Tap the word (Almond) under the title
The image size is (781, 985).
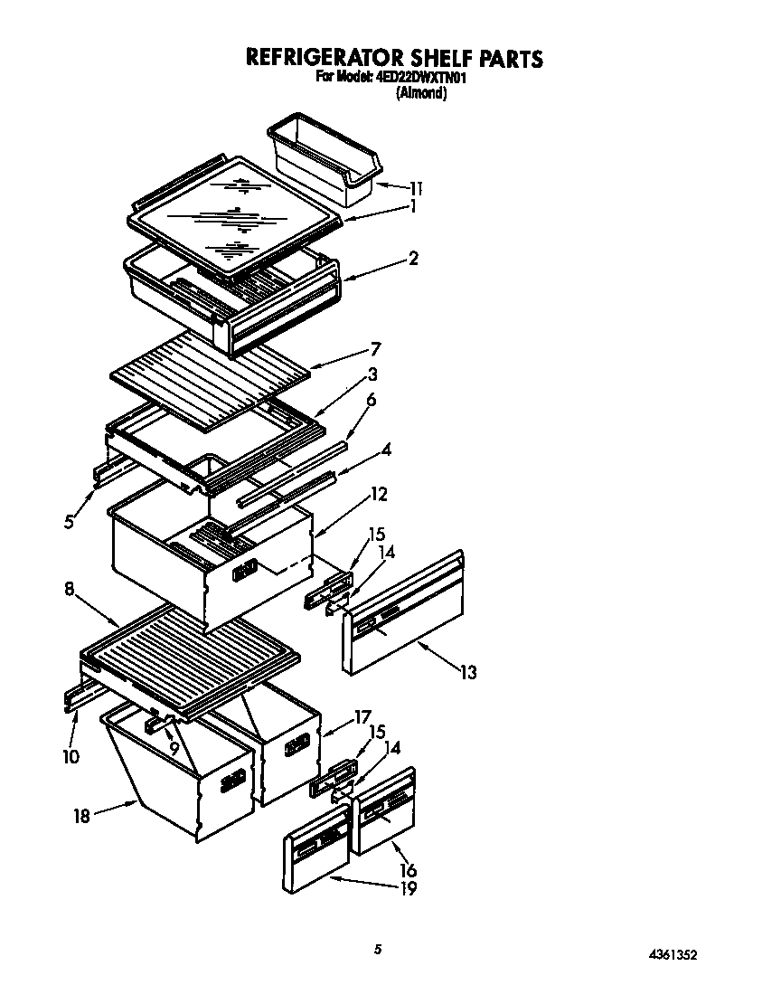pos(421,92)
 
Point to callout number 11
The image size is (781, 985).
pos(415,189)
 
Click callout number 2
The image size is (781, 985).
pos(413,259)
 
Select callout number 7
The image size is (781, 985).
pos(375,349)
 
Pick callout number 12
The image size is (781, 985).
pos(379,494)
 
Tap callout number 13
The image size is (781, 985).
pos(467,672)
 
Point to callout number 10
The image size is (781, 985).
pos(71,755)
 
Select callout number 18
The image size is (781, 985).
pos(80,815)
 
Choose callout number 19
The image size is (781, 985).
pos(408,887)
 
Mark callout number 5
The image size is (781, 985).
pos(69,521)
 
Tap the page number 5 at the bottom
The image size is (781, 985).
pos(379,949)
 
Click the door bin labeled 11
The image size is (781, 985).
pos(325,156)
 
